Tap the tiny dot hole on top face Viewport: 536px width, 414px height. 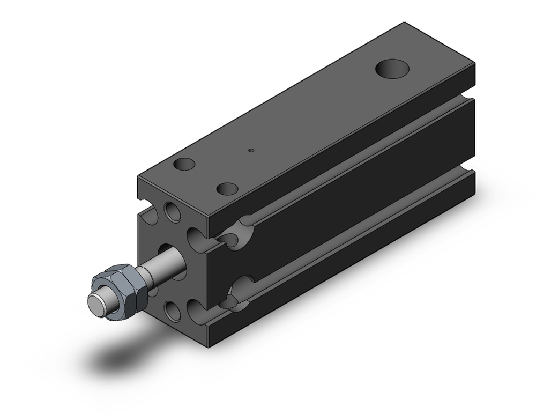click(x=250, y=151)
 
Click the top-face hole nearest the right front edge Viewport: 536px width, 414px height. click(x=227, y=189)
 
